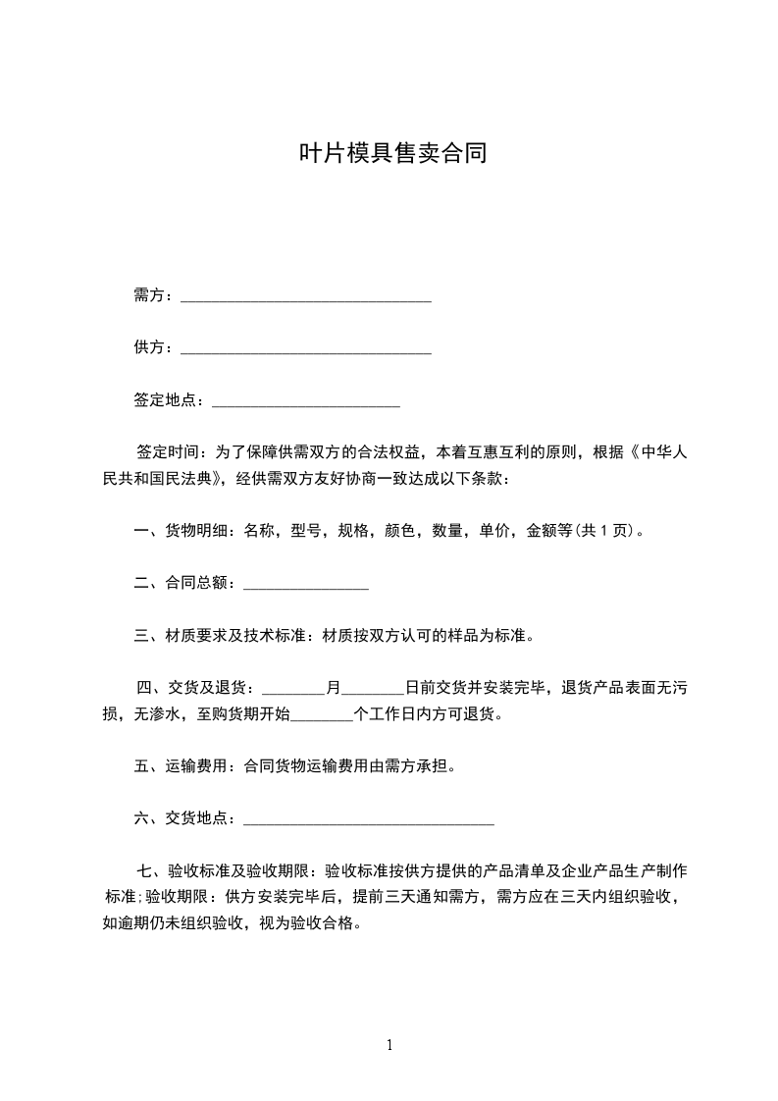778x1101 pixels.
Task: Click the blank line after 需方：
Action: pos(306,296)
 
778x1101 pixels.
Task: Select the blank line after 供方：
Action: pos(306,348)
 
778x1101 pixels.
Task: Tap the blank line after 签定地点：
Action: pos(306,400)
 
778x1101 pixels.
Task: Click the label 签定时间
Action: pos(168,452)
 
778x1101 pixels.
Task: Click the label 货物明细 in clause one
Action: pos(197,531)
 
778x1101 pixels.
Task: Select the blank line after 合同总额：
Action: pos(305,584)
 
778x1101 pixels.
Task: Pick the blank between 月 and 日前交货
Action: pos(373,688)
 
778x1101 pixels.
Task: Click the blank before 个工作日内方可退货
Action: pos(322,714)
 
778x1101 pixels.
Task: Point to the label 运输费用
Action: pos(197,766)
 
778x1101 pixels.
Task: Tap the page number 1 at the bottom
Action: pos(389,1045)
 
